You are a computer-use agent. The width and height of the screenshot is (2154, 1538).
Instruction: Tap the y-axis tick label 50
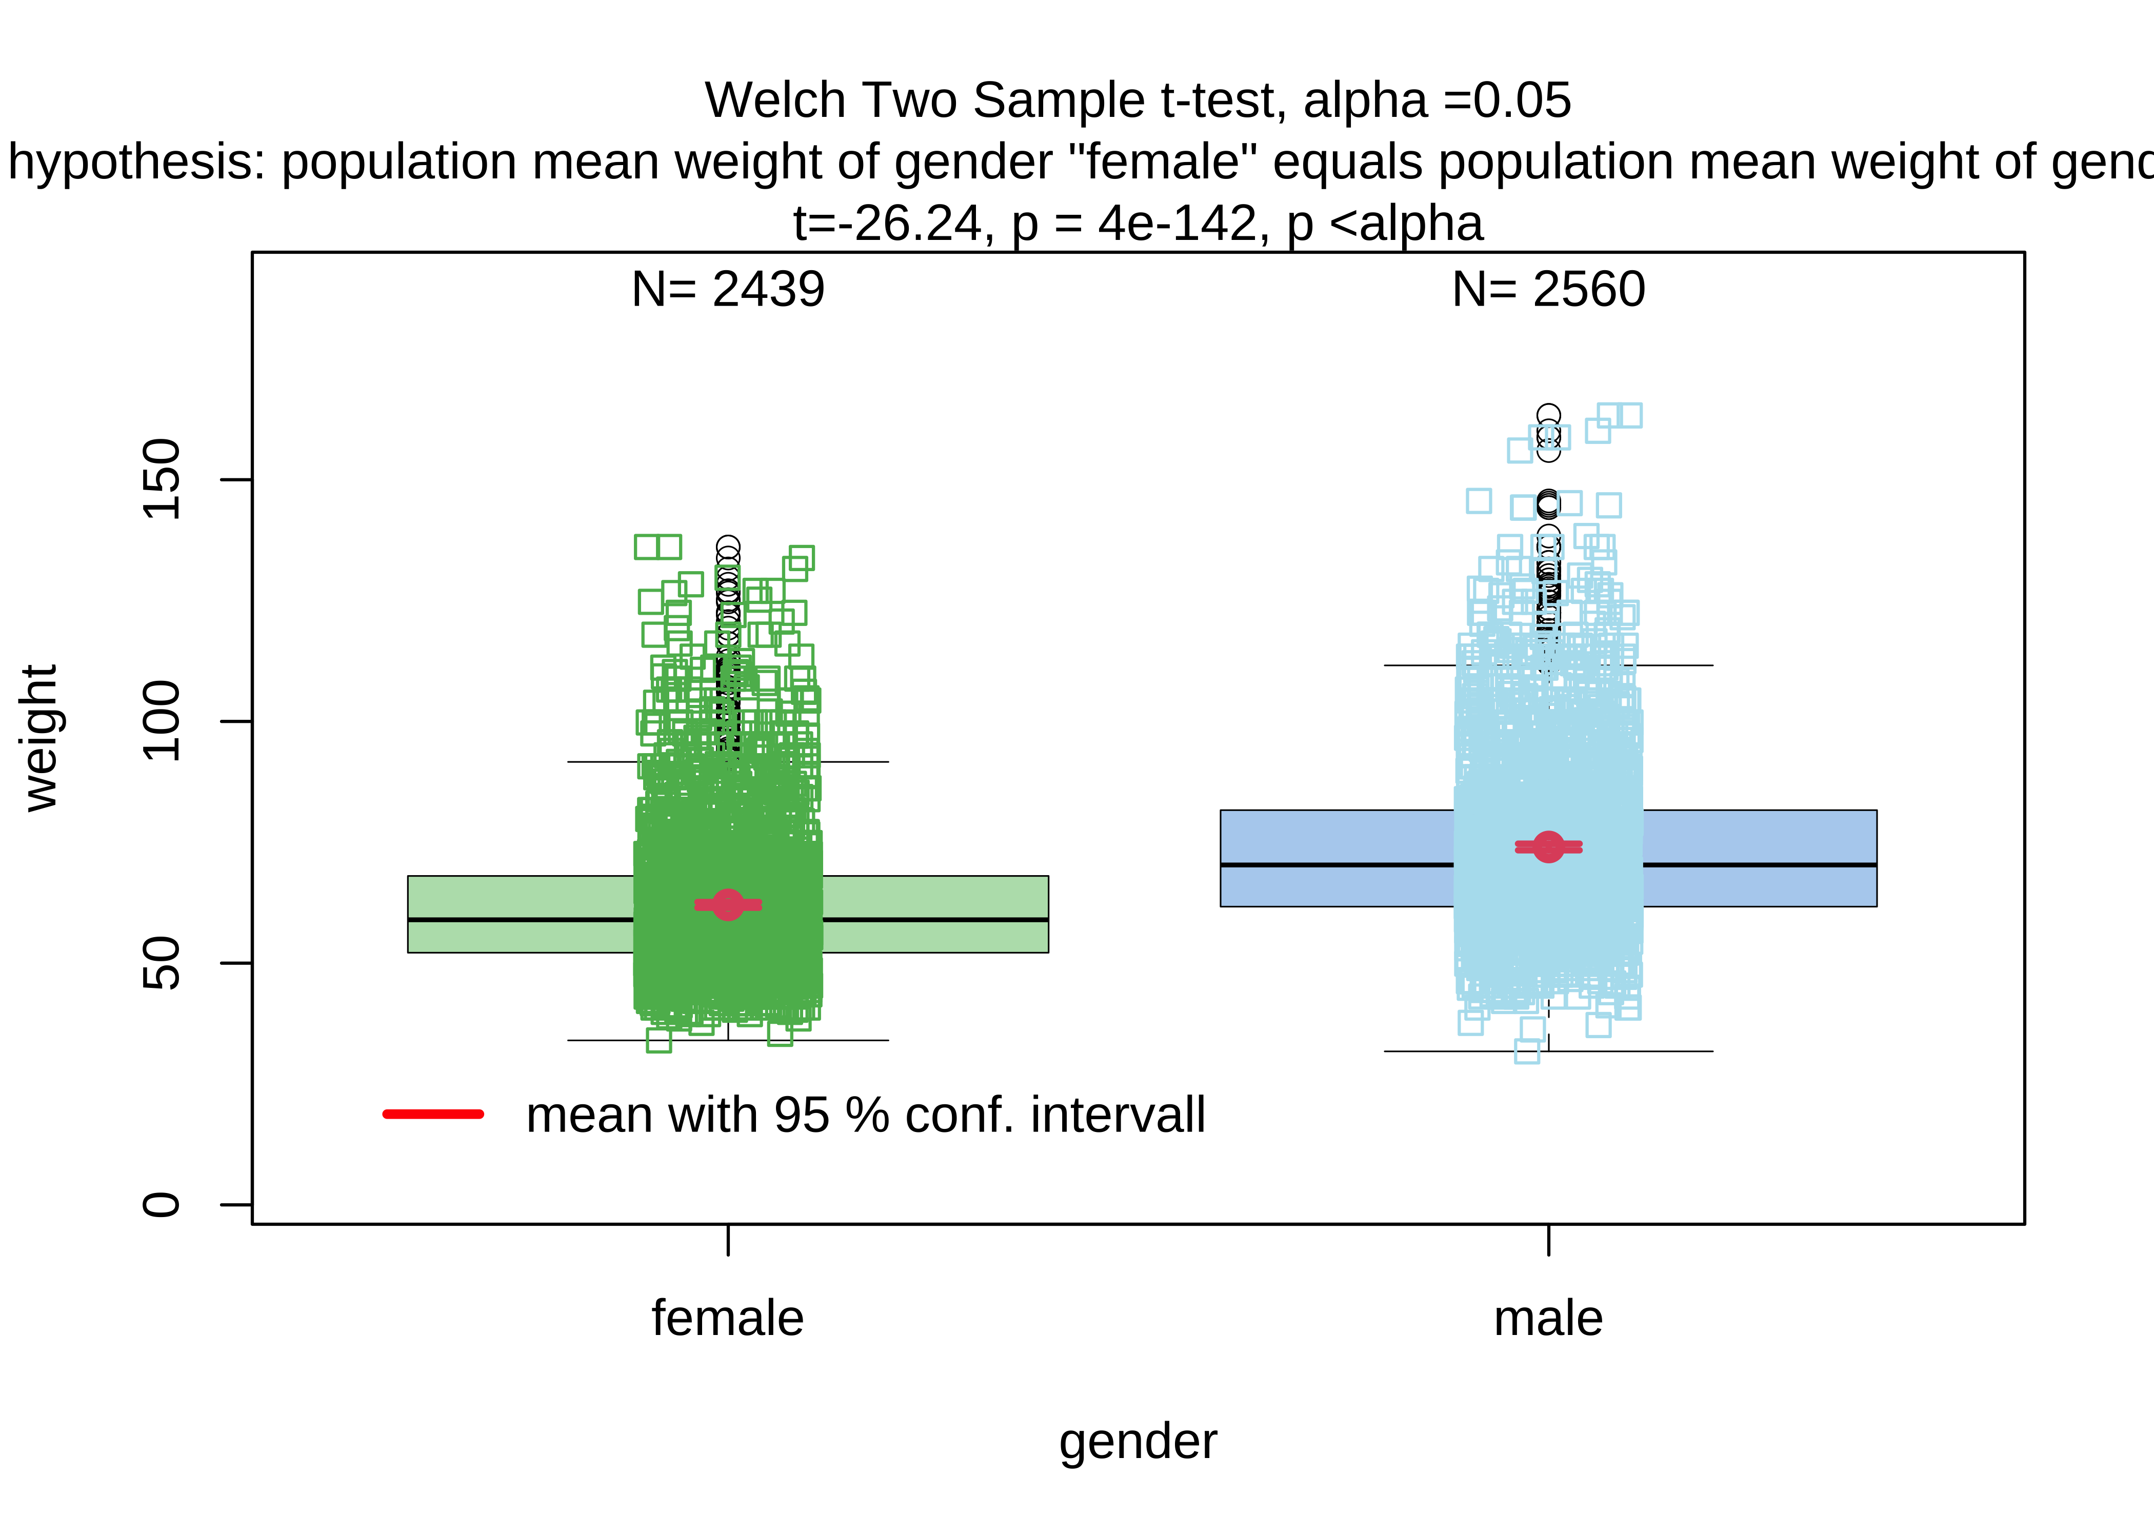coord(161,963)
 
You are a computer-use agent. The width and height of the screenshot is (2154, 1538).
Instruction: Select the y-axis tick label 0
coord(161,1205)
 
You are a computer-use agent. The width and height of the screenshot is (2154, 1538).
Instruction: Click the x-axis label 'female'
coord(727,1318)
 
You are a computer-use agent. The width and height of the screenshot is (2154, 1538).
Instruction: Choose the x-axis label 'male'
coord(1548,1318)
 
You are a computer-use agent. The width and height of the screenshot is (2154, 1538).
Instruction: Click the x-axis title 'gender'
coord(1138,1442)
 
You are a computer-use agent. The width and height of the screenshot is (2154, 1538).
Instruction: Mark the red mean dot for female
coord(727,904)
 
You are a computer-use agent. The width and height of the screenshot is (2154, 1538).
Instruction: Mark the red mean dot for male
coord(1548,846)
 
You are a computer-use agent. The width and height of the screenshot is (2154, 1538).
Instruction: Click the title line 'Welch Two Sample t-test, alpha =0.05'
coord(1138,100)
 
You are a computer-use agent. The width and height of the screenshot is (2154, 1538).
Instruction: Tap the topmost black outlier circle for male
coord(1548,415)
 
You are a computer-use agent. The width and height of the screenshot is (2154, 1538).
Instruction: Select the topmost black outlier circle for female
coord(727,547)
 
